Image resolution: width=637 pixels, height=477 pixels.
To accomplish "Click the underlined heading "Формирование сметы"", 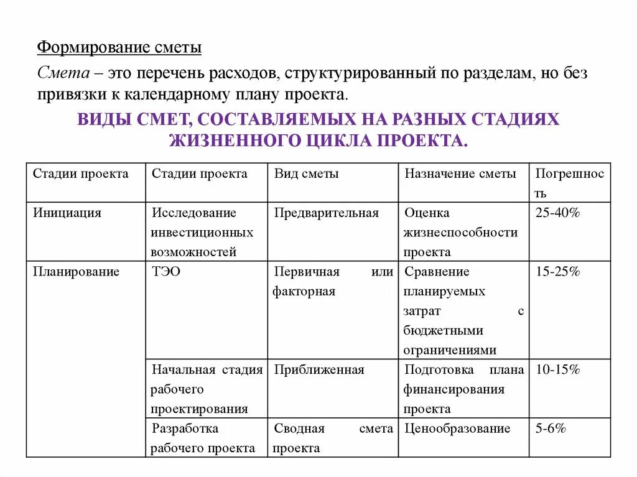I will pyautogui.click(x=119, y=48).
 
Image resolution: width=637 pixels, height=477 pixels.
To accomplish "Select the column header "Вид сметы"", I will pyautogui.click(x=306, y=174).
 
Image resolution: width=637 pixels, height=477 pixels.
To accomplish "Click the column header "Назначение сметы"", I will pyautogui.click(x=460, y=174).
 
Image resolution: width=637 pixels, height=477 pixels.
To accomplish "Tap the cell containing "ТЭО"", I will pyautogui.click(x=166, y=272).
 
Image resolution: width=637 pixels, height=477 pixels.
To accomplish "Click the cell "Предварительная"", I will pyautogui.click(x=327, y=213).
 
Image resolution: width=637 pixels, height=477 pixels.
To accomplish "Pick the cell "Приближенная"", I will pyautogui.click(x=319, y=369).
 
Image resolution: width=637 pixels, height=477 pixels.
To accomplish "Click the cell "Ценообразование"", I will pyautogui.click(x=457, y=428).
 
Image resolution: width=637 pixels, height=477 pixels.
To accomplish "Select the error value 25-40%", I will pyautogui.click(x=557, y=213).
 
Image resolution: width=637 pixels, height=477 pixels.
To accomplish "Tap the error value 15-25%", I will pyautogui.click(x=557, y=272).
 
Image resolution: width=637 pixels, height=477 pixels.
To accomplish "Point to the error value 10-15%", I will pyautogui.click(x=557, y=369).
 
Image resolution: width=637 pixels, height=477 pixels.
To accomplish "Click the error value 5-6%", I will pyautogui.click(x=551, y=428).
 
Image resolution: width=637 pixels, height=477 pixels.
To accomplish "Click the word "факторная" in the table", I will pyautogui.click(x=304, y=291).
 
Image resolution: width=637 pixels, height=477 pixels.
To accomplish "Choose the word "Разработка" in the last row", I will pyautogui.click(x=185, y=428).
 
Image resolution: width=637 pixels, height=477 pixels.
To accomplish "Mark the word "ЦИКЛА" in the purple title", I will pyautogui.click(x=340, y=139).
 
